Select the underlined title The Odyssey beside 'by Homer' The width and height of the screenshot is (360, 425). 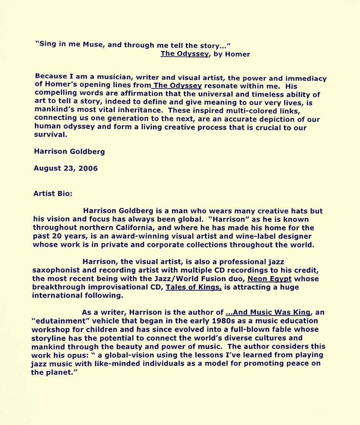pos(184,54)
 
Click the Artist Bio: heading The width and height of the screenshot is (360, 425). pos(53,193)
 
